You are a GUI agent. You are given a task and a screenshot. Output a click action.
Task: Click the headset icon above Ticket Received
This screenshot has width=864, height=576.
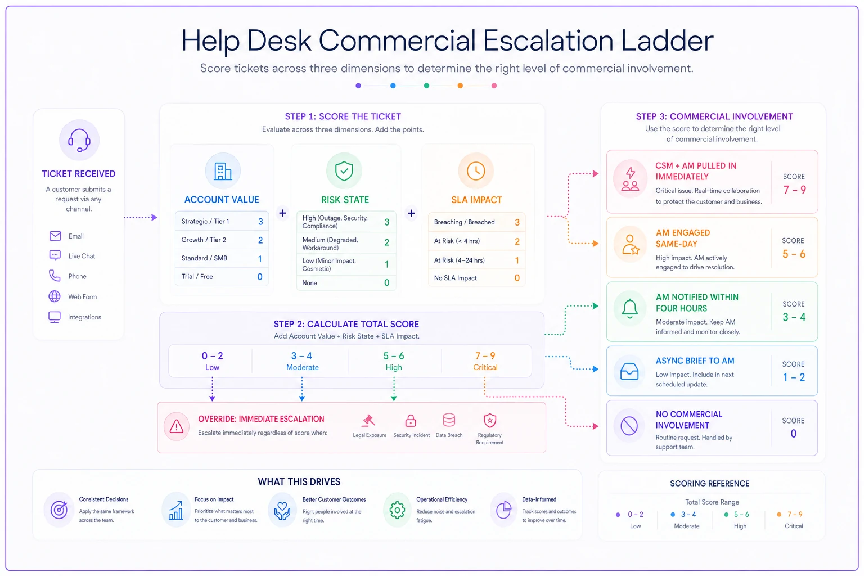(79, 139)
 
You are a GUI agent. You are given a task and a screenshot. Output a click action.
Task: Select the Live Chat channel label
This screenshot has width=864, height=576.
(82, 256)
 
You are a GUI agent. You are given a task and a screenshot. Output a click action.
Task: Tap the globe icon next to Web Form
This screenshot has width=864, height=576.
(55, 296)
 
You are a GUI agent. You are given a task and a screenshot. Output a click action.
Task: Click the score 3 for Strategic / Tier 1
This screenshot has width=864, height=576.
(260, 222)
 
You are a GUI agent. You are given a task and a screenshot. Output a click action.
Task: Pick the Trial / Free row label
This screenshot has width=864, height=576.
(197, 277)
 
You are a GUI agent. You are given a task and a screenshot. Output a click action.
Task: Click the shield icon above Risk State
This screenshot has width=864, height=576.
(344, 171)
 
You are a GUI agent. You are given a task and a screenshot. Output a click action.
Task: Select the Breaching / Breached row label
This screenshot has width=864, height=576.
(465, 222)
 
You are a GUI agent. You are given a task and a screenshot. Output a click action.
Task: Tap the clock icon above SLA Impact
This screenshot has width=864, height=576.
(476, 170)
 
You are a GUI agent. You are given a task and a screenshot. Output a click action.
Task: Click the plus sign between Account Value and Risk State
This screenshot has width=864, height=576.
(283, 213)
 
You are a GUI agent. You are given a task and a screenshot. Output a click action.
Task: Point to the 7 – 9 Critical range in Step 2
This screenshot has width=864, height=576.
(485, 361)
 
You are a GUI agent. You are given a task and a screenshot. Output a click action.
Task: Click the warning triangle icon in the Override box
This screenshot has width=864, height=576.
(177, 426)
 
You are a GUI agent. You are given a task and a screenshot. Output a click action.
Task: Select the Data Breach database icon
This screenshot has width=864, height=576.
(449, 420)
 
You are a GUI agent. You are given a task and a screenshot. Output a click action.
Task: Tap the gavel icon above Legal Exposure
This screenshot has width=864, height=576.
(368, 421)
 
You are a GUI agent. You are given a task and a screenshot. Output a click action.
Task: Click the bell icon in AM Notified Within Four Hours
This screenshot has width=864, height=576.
(630, 308)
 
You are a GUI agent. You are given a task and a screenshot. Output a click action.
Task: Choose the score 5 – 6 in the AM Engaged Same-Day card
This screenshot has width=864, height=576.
(794, 254)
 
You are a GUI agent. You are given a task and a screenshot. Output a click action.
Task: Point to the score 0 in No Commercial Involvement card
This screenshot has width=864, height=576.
(794, 434)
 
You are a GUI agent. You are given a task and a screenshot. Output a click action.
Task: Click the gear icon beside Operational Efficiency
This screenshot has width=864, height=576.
(397, 510)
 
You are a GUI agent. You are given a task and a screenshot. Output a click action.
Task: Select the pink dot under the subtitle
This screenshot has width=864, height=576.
(494, 85)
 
